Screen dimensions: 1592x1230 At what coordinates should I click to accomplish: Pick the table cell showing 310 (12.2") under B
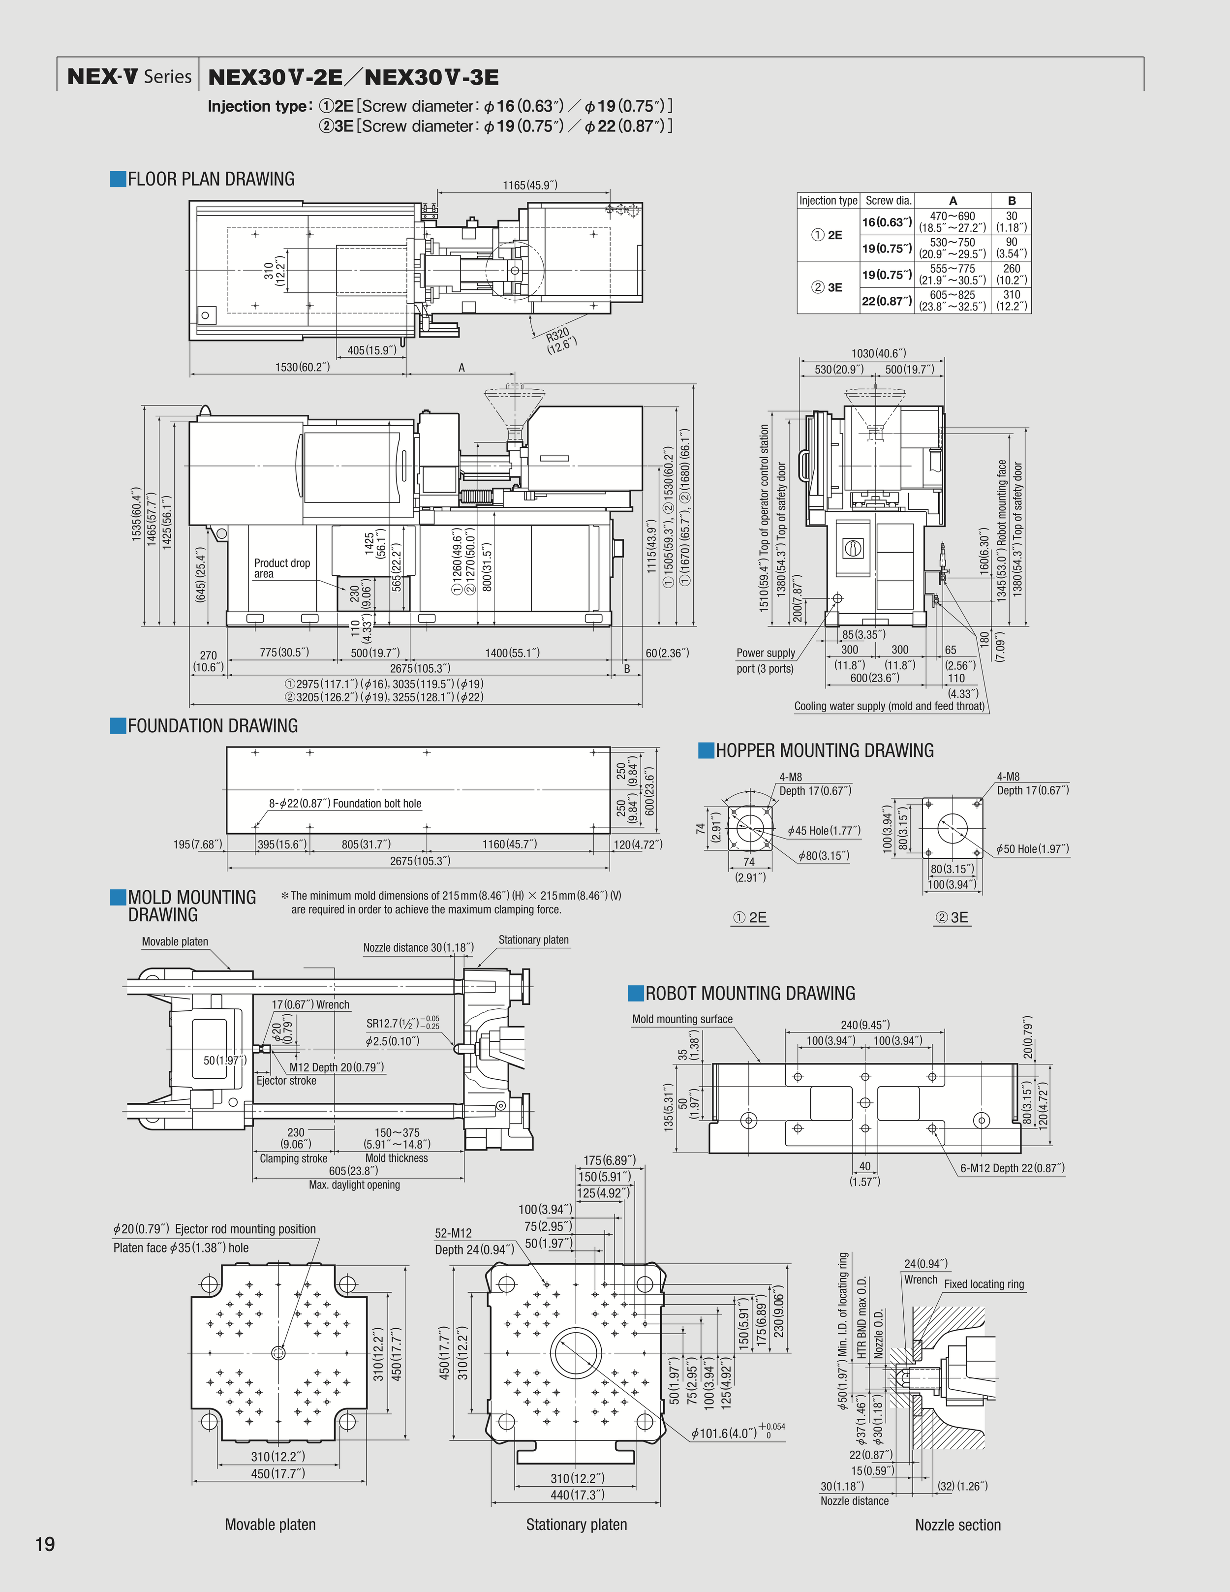(1012, 300)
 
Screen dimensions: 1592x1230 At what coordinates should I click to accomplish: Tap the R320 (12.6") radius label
(560, 340)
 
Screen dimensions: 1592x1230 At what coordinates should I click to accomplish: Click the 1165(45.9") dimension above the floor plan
(530, 185)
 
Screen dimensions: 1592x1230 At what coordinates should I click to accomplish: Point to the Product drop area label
(281, 568)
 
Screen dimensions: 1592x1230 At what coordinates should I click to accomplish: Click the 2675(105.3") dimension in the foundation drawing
(420, 861)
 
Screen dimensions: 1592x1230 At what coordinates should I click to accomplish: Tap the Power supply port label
(765, 660)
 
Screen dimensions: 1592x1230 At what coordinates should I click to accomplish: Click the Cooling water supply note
(889, 706)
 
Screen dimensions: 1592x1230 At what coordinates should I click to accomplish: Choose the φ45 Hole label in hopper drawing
(824, 830)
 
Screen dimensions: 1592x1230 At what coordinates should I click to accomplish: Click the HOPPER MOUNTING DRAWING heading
(824, 751)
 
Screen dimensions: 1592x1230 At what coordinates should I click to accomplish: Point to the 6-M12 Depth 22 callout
(1012, 1168)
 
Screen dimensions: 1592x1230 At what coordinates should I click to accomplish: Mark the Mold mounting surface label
(682, 1019)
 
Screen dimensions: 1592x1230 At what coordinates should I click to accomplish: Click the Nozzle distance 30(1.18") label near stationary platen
(418, 948)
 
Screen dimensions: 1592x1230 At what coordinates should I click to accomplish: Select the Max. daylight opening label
(354, 1185)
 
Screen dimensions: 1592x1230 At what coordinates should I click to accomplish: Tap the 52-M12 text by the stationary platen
(453, 1233)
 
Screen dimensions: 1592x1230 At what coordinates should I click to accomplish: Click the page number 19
(45, 1544)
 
